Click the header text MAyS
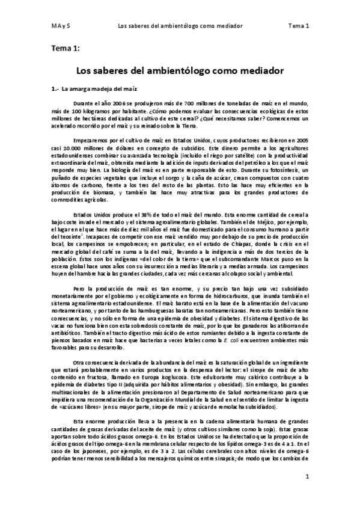(x=59, y=26)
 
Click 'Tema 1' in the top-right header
(x=298, y=26)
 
